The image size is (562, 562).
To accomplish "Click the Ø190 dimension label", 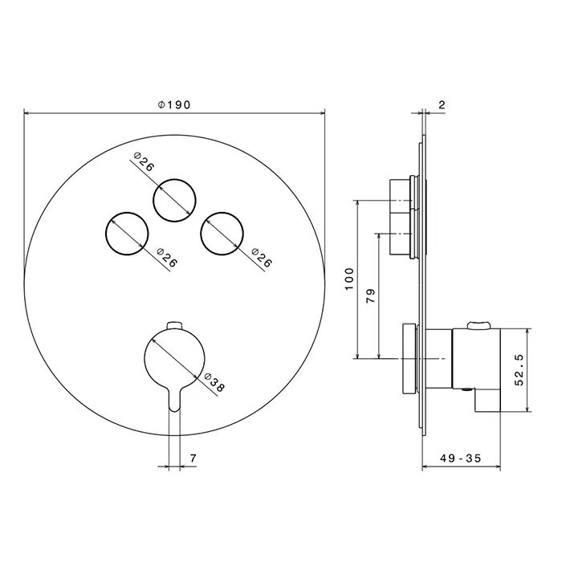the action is pyautogui.click(x=174, y=104).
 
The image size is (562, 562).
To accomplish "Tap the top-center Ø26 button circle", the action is pyautogui.click(x=174, y=179).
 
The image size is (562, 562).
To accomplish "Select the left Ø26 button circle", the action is pyautogui.click(x=127, y=213).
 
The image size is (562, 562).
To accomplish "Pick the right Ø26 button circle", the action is pyautogui.click(x=222, y=213).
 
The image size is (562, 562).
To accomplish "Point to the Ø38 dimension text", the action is pyautogui.click(x=214, y=382).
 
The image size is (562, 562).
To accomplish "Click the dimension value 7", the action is pyautogui.click(x=193, y=458).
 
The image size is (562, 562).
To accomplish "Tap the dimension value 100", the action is pyautogui.click(x=349, y=279).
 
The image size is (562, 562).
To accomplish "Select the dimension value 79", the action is pyautogui.click(x=371, y=295).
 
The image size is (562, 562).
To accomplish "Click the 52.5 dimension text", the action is pyautogui.click(x=519, y=370).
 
